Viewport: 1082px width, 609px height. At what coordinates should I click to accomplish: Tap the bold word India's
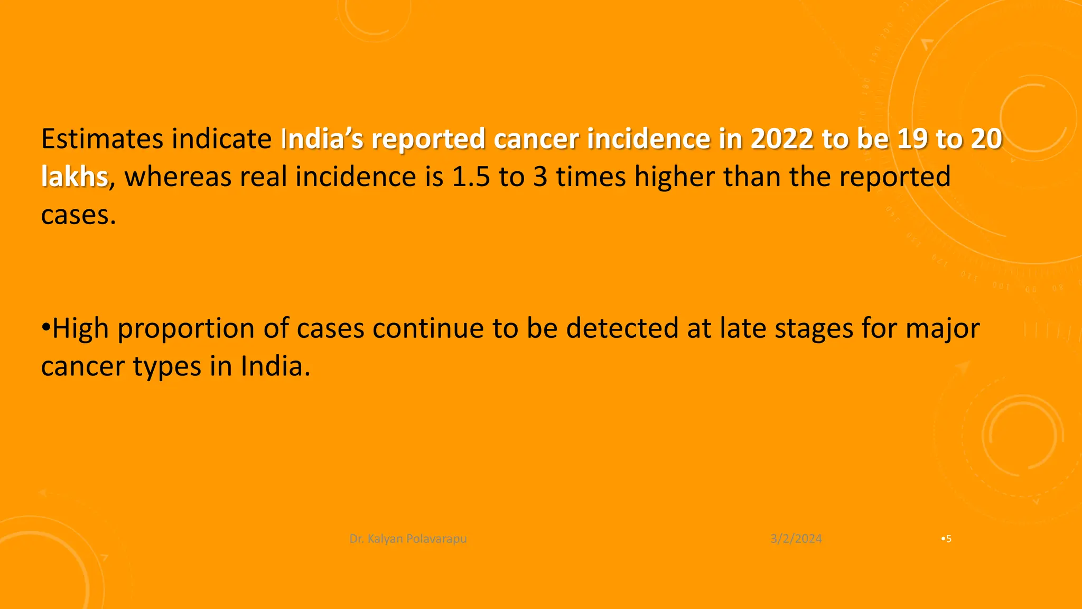pos(322,139)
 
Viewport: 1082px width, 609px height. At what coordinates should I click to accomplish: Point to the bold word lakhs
pos(74,177)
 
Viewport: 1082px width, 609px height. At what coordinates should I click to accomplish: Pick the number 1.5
pos(471,177)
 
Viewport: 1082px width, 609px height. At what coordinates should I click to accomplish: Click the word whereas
pos(178,177)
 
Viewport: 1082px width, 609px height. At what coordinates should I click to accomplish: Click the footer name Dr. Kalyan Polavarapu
pos(408,539)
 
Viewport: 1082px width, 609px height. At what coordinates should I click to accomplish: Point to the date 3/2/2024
pos(796,539)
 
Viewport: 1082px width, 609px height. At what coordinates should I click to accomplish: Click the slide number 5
pos(949,539)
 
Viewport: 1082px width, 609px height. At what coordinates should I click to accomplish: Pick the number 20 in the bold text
pos(986,139)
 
